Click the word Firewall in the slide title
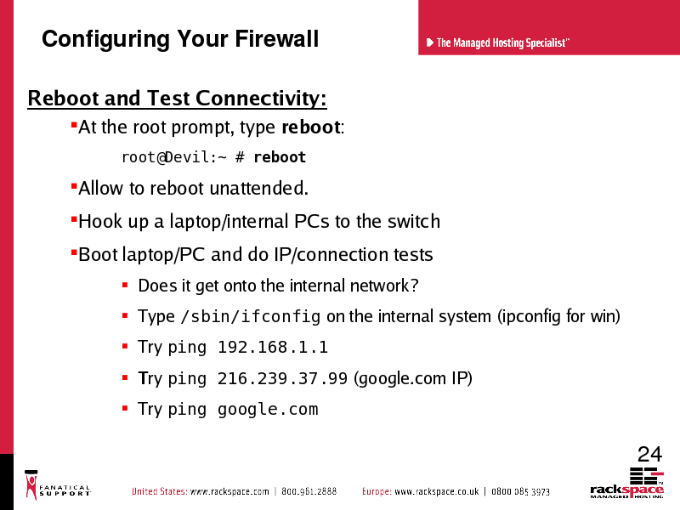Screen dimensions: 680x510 point(277,38)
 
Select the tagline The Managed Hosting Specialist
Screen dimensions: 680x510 point(501,42)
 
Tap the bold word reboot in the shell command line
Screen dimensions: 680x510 point(280,157)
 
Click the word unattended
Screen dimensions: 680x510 point(259,188)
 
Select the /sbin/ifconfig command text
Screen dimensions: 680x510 point(251,316)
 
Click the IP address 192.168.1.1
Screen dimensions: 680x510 point(273,347)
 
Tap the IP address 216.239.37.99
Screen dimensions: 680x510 point(282,378)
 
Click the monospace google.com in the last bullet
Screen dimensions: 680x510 point(268,410)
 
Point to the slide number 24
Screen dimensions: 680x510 point(649,455)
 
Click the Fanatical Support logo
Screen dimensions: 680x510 point(57,484)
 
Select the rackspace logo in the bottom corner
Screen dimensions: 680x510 point(627,483)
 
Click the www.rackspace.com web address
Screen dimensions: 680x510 point(229,492)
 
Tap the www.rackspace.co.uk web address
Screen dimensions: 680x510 point(437,492)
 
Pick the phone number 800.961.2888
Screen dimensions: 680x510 point(309,492)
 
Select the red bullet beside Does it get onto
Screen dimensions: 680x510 point(125,285)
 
